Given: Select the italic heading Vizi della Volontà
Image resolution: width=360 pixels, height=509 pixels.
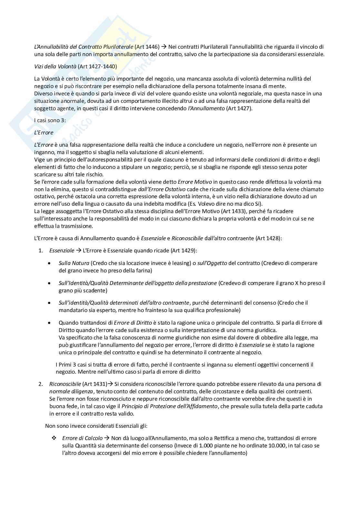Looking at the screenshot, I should point(55,66).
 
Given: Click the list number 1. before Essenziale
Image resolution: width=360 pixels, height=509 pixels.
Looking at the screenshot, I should point(41,250).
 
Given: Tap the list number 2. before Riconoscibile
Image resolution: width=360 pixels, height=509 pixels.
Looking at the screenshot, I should point(41,384).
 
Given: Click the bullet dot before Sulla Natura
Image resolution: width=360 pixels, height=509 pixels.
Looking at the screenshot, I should point(49,263).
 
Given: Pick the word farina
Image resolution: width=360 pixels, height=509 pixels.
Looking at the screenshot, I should point(144,270).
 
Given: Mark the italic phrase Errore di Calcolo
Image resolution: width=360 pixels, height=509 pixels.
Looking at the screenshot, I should point(82,438).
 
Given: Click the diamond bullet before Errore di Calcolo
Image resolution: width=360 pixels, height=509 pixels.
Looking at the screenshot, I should point(54,438).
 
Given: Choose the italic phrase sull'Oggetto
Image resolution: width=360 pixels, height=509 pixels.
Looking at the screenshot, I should point(212,263).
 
